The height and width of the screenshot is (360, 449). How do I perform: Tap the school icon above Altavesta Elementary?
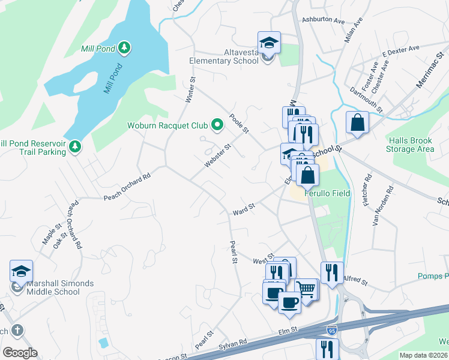269,43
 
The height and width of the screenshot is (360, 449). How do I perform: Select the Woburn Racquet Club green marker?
217,125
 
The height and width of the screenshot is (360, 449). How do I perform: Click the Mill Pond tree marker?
124,47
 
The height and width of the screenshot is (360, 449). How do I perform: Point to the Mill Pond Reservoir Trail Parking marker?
75,146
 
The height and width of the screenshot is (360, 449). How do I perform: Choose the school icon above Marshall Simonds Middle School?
21,271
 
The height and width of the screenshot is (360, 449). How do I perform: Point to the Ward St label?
244,209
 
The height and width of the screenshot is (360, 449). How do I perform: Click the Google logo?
20,353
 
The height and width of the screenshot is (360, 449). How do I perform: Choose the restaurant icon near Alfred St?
332,273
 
